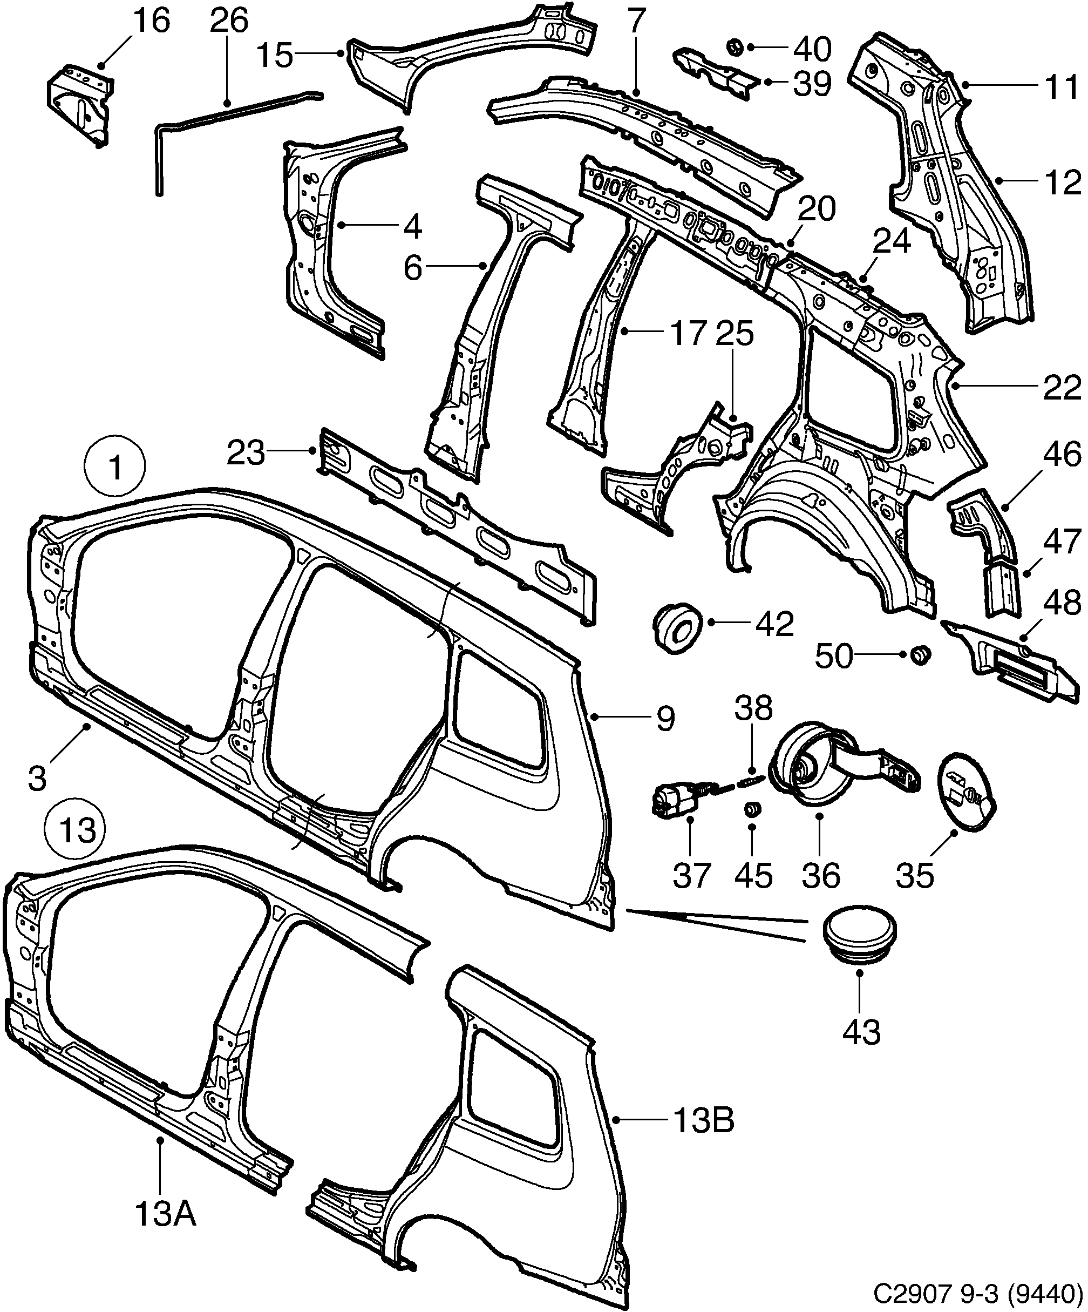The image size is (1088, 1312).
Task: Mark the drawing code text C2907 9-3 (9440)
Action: (x=977, y=1294)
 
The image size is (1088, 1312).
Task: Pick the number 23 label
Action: (x=246, y=453)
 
